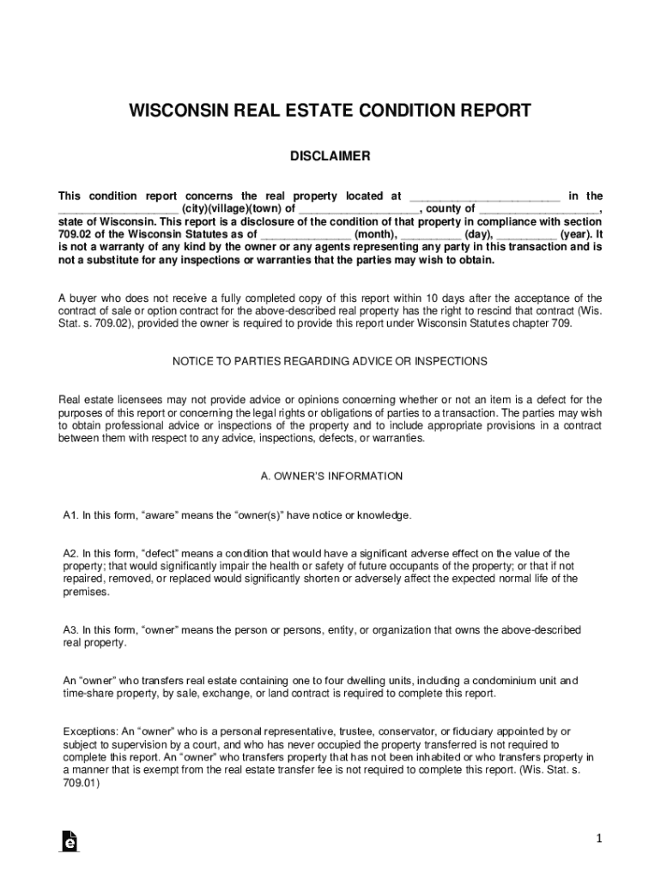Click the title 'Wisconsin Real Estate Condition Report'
[x=330, y=111]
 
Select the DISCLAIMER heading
[x=330, y=156]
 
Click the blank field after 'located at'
[x=484, y=197]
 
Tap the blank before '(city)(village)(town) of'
[x=118, y=209]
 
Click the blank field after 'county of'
[x=540, y=209]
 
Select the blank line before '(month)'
[x=306, y=234]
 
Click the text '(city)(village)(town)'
[x=231, y=209]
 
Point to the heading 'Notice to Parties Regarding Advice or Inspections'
[x=330, y=362]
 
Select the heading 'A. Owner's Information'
[x=330, y=476]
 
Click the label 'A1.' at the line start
[x=71, y=515]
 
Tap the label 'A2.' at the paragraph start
[x=71, y=554]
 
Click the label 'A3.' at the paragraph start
[x=71, y=630]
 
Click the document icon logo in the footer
[x=70, y=841]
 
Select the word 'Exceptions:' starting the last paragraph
[x=90, y=731]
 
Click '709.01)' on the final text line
[x=82, y=783]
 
